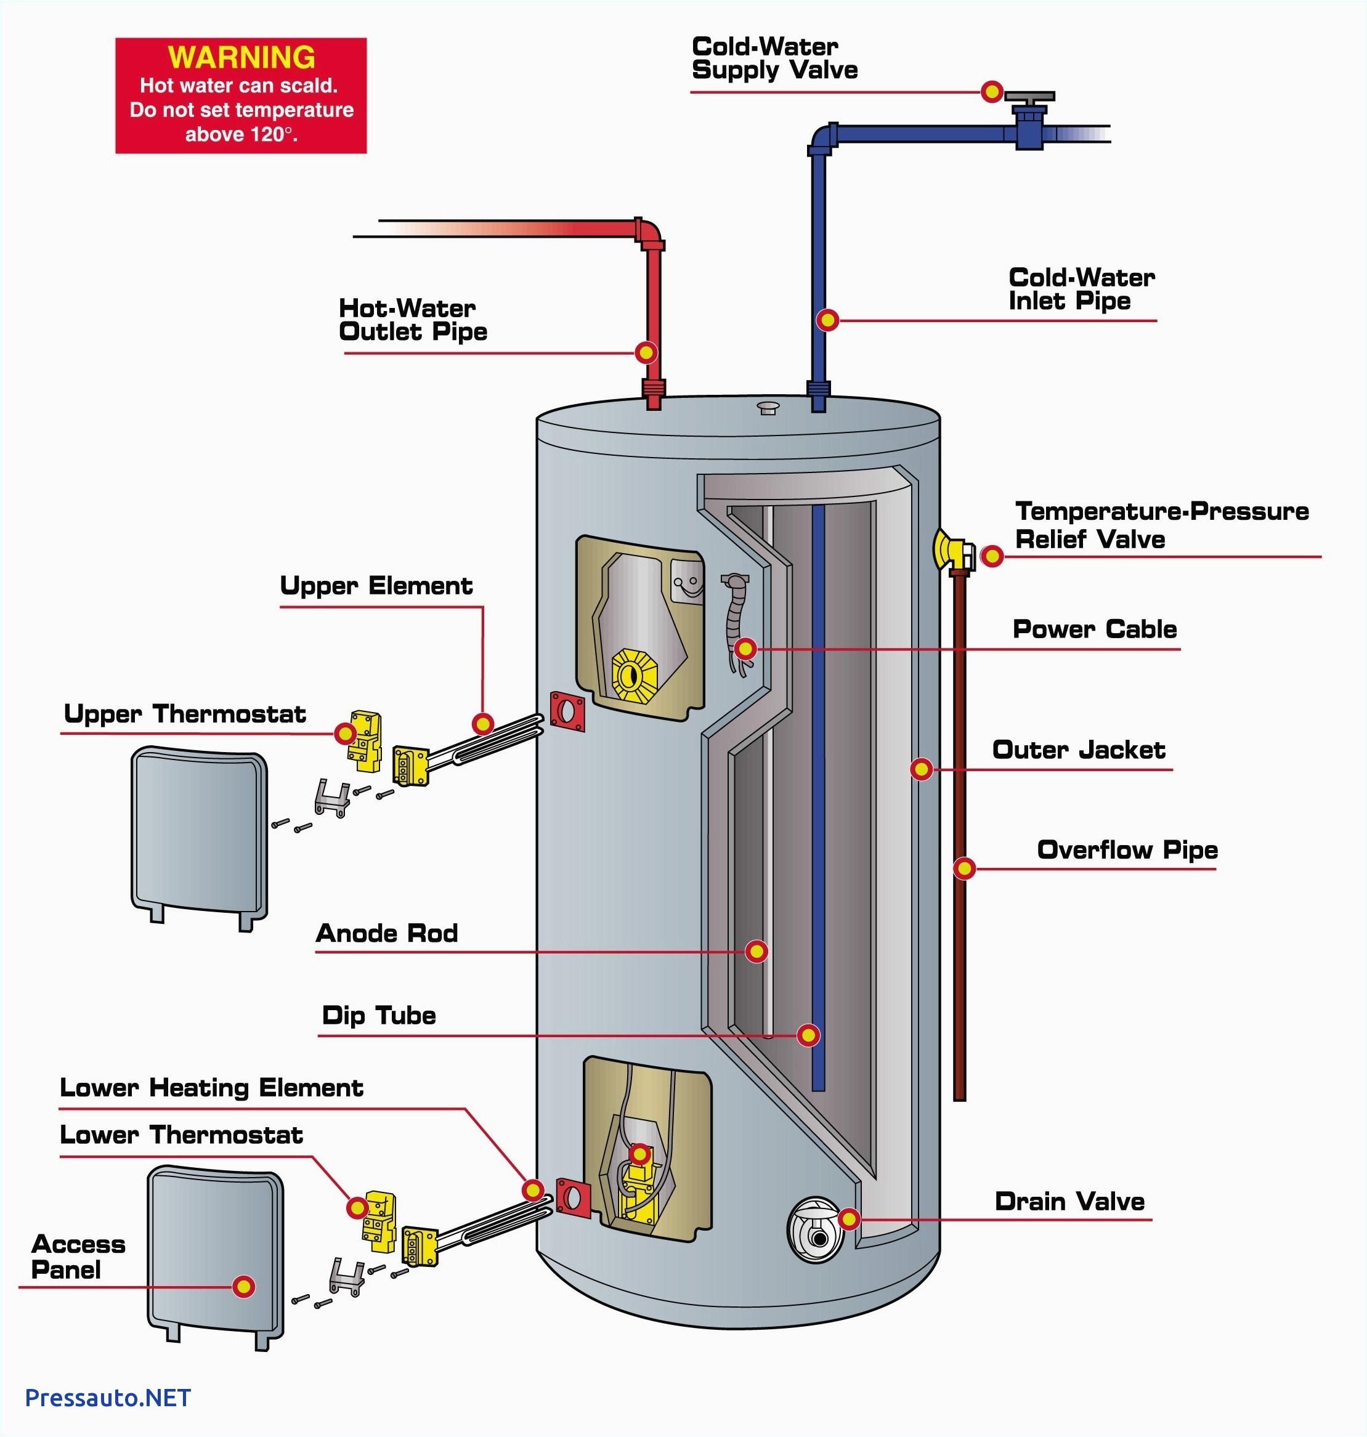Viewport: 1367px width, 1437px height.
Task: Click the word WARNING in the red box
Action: click(x=241, y=57)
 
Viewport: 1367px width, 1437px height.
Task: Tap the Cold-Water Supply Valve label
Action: click(x=774, y=59)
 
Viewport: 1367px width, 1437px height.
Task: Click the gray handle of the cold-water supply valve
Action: click(x=1029, y=96)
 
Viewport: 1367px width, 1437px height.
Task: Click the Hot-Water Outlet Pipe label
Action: click(x=412, y=320)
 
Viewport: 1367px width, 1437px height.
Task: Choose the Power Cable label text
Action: click(x=1095, y=629)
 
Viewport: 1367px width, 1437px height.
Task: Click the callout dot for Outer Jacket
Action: click(x=922, y=768)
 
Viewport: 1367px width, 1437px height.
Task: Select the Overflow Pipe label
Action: click(x=1127, y=849)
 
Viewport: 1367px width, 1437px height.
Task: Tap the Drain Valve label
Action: click(x=1069, y=1202)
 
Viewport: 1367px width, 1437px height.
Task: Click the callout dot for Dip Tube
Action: click(x=808, y=1035)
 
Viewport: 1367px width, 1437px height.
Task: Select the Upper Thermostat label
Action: click(x=185, y=714)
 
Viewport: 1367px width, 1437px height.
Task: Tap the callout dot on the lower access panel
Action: click(x=243, y=1286)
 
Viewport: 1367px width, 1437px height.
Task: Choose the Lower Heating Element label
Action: click(x=211, y=1088)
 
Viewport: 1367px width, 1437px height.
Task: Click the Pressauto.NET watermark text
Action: click(x=108, y=1398)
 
